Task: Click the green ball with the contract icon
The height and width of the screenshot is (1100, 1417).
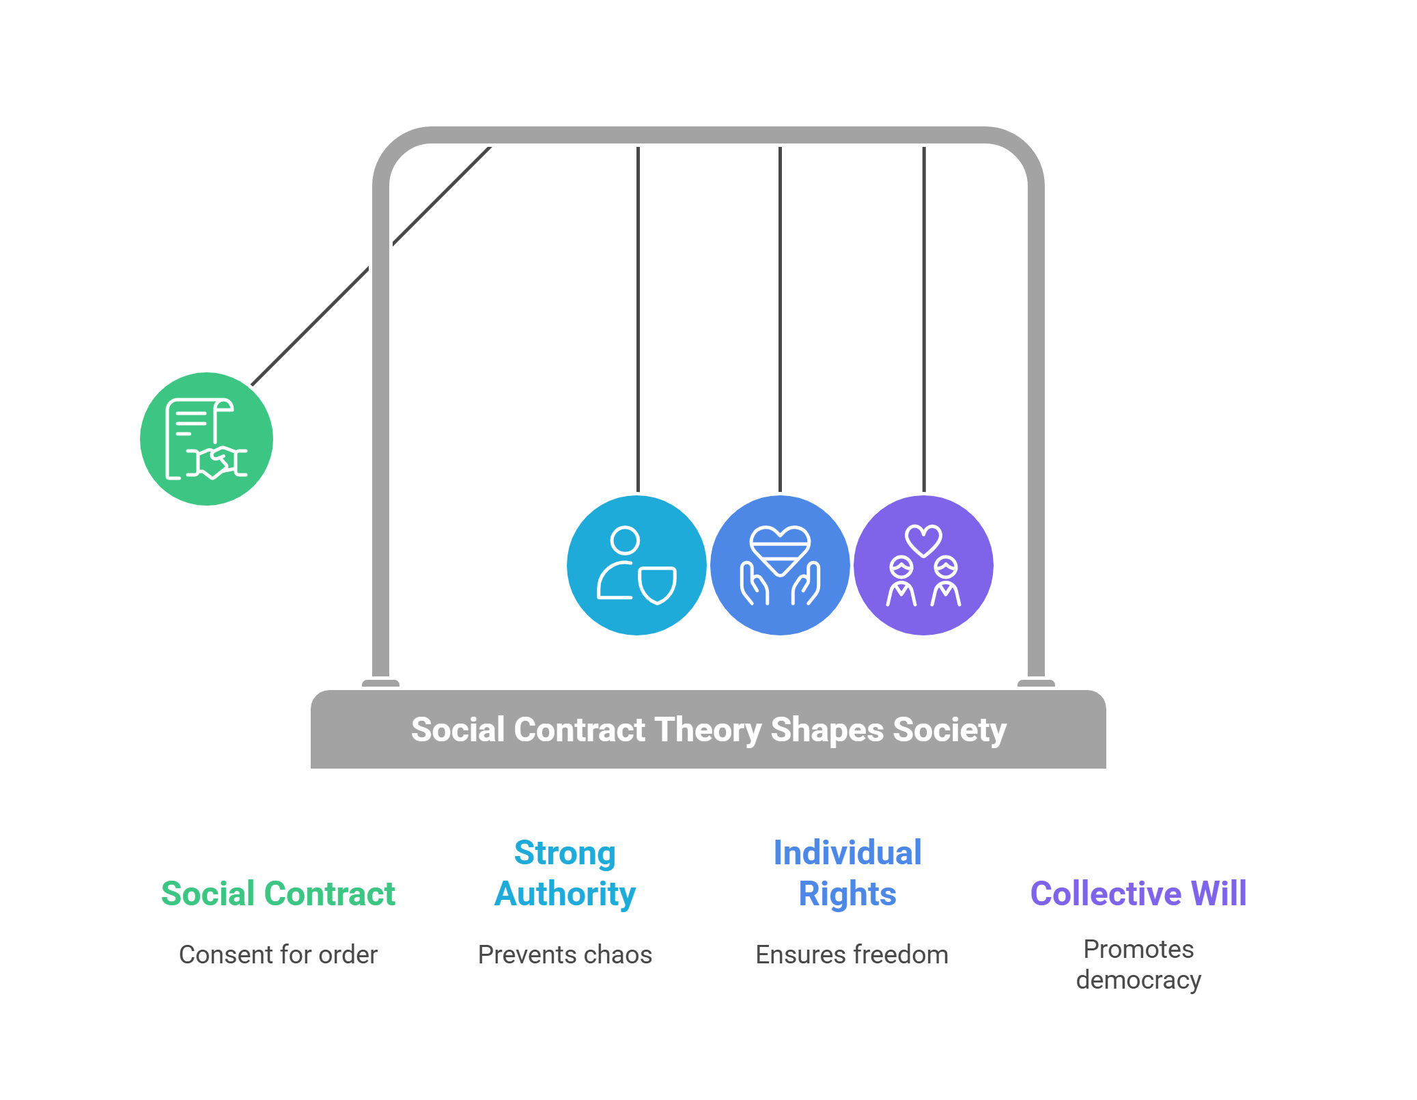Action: [206, 439]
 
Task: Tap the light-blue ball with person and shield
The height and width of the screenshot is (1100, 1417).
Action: [636, 565]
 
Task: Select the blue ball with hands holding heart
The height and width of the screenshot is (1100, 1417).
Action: [780, 565]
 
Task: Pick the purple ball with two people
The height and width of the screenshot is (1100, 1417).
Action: [923, 565]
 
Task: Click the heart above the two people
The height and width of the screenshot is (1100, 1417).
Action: [923, 540]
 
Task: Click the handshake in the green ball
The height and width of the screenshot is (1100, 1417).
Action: [217, 463]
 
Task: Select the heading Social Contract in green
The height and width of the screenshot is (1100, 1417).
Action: [278, 894]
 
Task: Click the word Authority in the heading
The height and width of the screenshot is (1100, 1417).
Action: [565, 894]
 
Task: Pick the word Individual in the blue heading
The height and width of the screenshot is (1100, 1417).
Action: [847, 853]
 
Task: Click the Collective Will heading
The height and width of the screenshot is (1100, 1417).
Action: [1138, 894]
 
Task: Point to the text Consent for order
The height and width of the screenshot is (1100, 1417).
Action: [278, 954]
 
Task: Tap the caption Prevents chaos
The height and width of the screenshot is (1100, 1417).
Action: [565, 954]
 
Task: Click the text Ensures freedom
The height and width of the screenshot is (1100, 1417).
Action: [852, 954]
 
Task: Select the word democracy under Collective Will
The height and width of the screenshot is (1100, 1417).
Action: [1138, 980]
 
